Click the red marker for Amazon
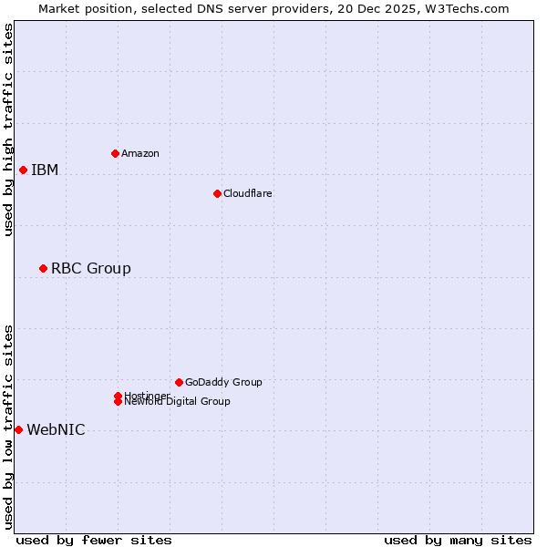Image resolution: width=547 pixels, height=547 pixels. click(115, 153)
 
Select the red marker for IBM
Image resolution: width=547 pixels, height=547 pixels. click(23, 170)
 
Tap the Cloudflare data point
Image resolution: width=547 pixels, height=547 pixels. click(217, 193)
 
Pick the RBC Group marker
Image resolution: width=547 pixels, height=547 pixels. click(43, 268)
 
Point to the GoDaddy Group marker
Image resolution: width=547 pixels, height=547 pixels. click(179, 382)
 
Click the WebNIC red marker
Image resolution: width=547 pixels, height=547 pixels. click(18, 429)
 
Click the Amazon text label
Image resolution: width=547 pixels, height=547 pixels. click(140, 153)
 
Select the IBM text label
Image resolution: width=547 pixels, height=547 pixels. click(45, 170)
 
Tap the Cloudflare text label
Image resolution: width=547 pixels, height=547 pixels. click(247, 193)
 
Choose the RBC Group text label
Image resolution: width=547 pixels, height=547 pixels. click(91, 268)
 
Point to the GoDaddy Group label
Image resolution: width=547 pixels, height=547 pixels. click(223, 382)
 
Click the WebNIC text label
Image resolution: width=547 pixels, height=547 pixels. click(56, 429)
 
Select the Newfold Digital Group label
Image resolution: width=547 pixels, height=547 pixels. click(177, 402)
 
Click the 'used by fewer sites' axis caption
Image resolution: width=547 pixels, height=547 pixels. click(94, 540)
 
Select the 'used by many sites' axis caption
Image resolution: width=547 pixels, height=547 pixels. click(458, 540)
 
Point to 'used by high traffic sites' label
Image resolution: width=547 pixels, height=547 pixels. click(8, 129)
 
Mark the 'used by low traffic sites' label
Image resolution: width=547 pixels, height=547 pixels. click(8, 426)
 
